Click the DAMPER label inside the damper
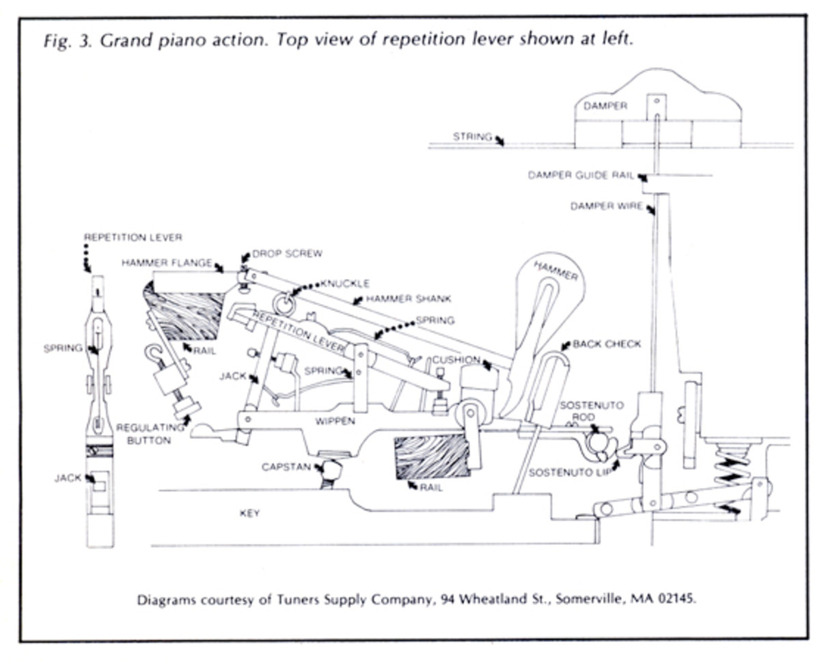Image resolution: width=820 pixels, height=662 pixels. point(605,106)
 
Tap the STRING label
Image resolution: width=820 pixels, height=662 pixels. point(472,137)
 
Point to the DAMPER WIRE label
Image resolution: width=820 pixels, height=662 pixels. point(606,206)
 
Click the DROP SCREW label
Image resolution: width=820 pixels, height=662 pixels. point(287,253)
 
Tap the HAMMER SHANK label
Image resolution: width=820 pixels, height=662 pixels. point(409,299)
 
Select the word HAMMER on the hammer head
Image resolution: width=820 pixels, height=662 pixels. point(556,271)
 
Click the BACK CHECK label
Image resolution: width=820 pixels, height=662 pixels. point(607,344)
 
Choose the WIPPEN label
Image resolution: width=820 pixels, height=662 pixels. point(335,421)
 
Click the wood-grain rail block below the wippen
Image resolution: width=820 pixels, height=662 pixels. point(431,456)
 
